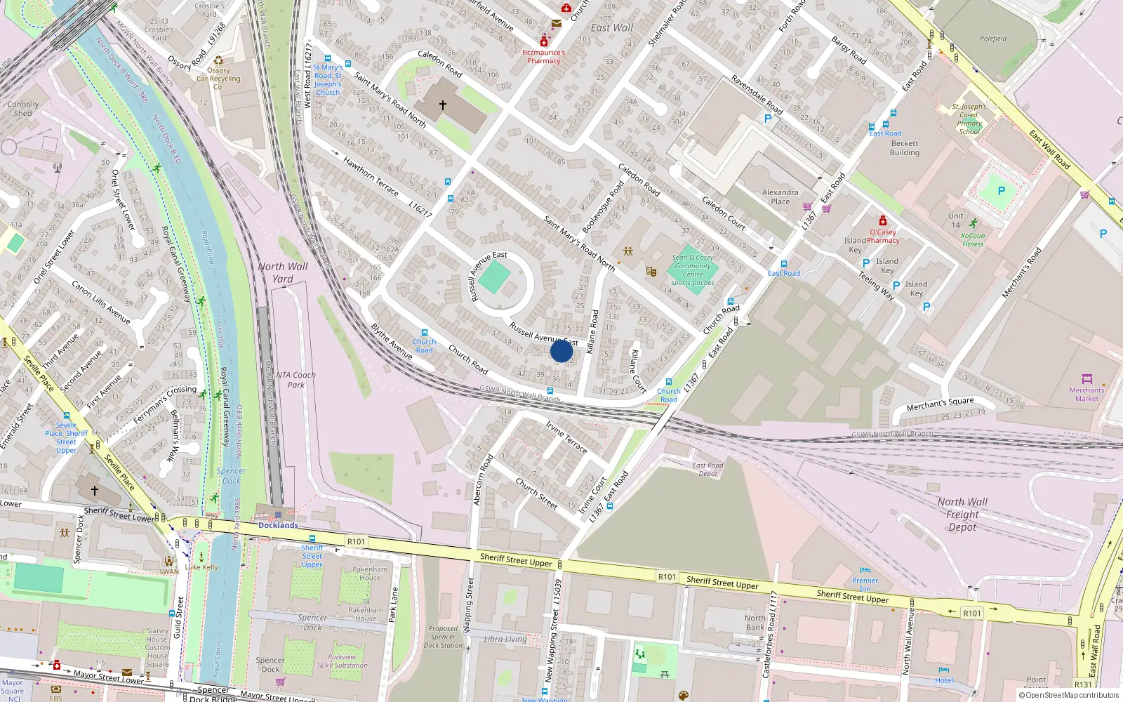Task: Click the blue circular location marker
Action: tap(561, 351)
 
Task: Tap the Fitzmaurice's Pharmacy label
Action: tap(543, 57)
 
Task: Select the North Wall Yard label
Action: tap(282, 272)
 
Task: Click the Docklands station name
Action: tap(278, 525)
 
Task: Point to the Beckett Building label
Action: tap(904, 148)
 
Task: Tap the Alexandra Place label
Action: tap(780, 197)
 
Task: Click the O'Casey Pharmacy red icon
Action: tap(883, 220)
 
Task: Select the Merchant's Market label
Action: tap(1087, 395)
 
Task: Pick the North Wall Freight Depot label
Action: tap(962, 515)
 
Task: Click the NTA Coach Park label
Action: tap(295, 380)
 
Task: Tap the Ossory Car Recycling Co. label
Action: tap(218, 79)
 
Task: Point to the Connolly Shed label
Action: tap(22, 108)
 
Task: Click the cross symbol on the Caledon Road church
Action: tap(443, 105)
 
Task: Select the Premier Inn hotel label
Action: tap(865, 584)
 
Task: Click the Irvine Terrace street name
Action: tap(566, 437)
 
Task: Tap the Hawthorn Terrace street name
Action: tap(371, 176)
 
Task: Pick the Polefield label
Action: tap(992, 39)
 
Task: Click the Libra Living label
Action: tap(505, 639)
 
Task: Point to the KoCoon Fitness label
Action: tap(973, 240)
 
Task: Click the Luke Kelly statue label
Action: tap(201, 567)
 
